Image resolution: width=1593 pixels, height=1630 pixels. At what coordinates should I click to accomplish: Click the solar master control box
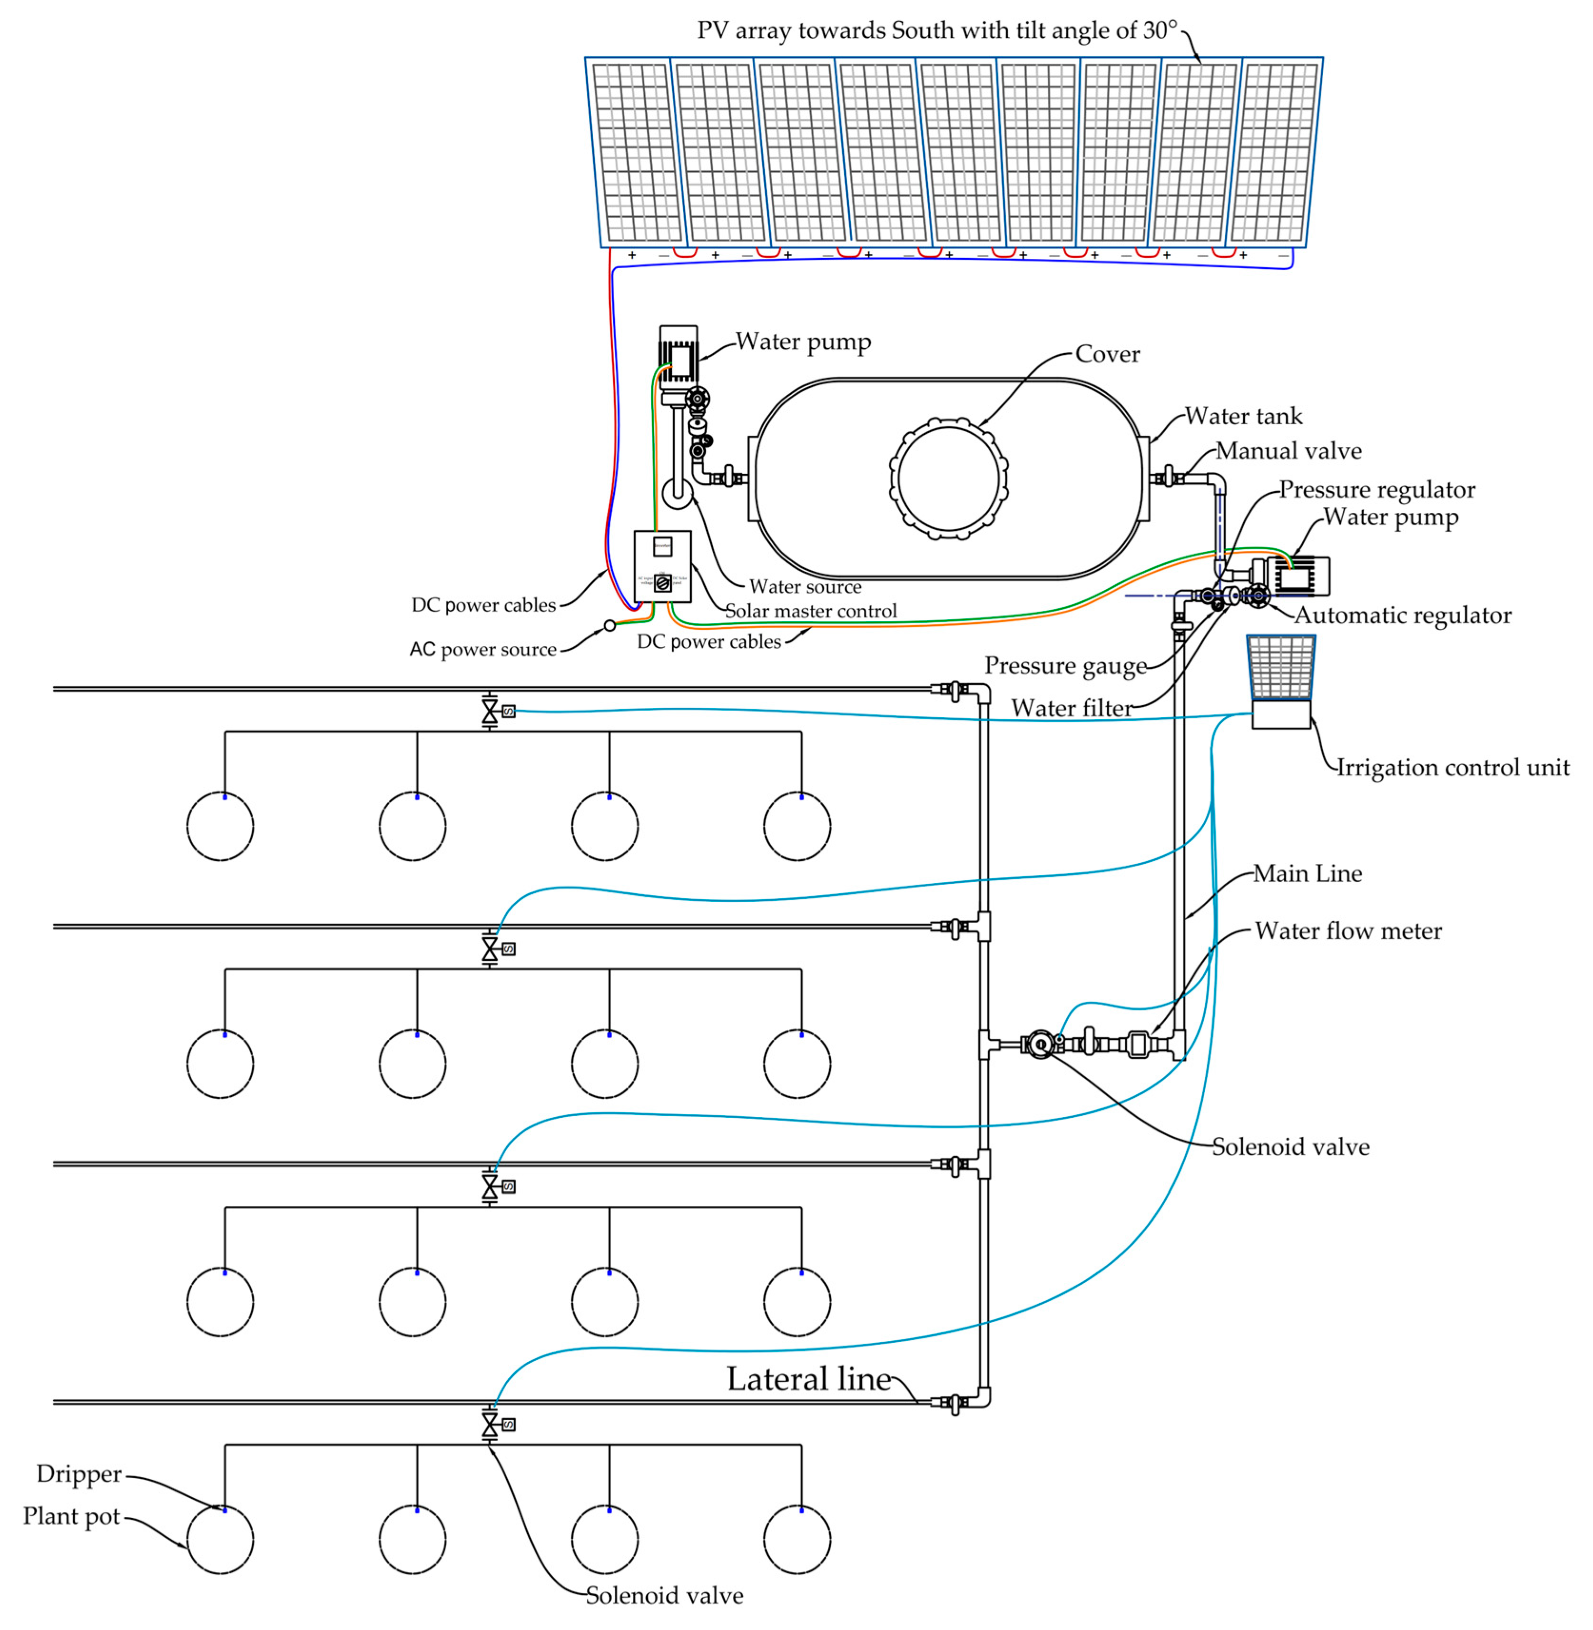(x=662, y=566)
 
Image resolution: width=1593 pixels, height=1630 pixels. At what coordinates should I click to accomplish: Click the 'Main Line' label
(x=1307, y=874)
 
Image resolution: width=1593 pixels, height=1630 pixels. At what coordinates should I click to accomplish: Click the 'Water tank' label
(x=1243, y=417)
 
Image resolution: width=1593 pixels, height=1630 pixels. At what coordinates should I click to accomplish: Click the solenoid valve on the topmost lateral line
(x=490, y=712)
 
